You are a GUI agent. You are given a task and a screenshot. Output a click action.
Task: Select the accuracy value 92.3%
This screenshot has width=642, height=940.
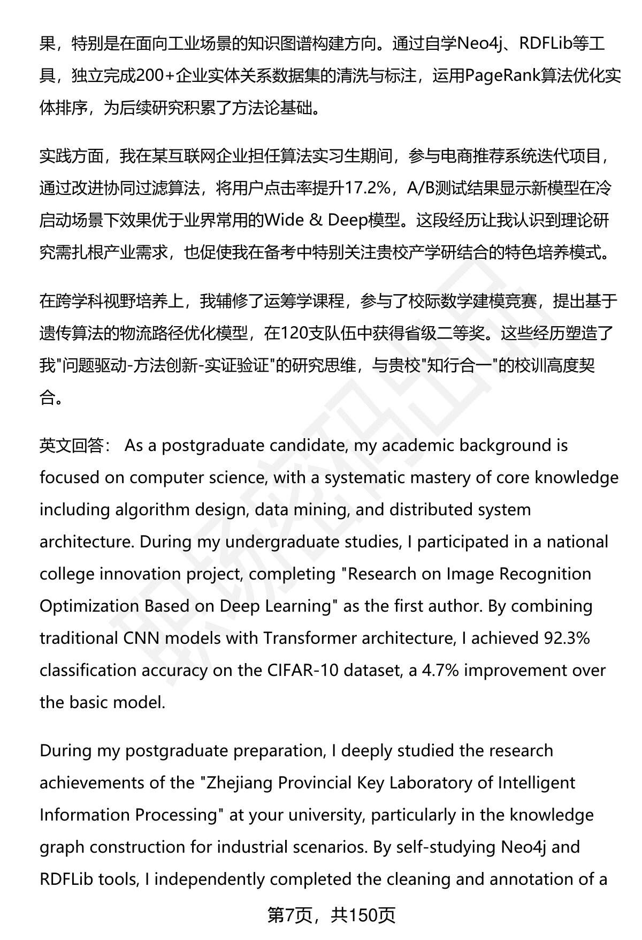tap(567, 638)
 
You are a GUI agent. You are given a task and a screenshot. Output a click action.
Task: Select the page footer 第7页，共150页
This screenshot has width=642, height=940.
tap(331, 915)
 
